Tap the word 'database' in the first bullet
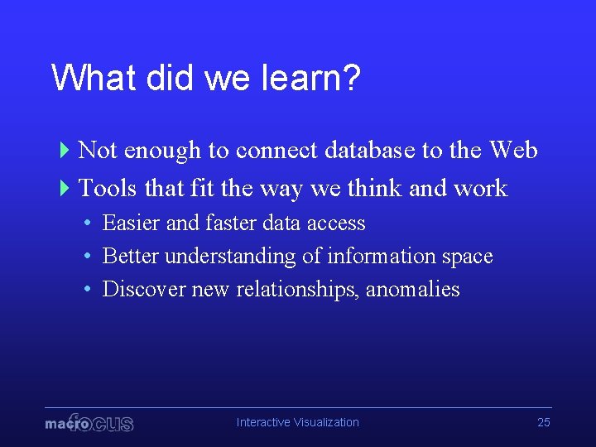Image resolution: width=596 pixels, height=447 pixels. click(x=370, y=151)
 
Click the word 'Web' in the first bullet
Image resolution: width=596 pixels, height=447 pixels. click(x=513, y=151)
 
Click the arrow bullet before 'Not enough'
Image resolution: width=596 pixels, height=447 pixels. click(x=65, y=151)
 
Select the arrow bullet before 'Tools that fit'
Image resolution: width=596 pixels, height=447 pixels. click(x=65, y=189)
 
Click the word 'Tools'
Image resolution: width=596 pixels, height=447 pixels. click(x=108, y=189)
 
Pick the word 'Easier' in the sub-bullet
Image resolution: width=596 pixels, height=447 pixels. click(x=132, y=223)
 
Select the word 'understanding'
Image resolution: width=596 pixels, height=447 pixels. click(x=230, y=257)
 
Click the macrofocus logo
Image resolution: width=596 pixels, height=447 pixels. click(x=89, y=423)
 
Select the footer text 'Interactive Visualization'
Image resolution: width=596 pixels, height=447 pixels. click(x=298, y=422)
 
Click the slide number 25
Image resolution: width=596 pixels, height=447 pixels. click(x=543, y=422)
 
